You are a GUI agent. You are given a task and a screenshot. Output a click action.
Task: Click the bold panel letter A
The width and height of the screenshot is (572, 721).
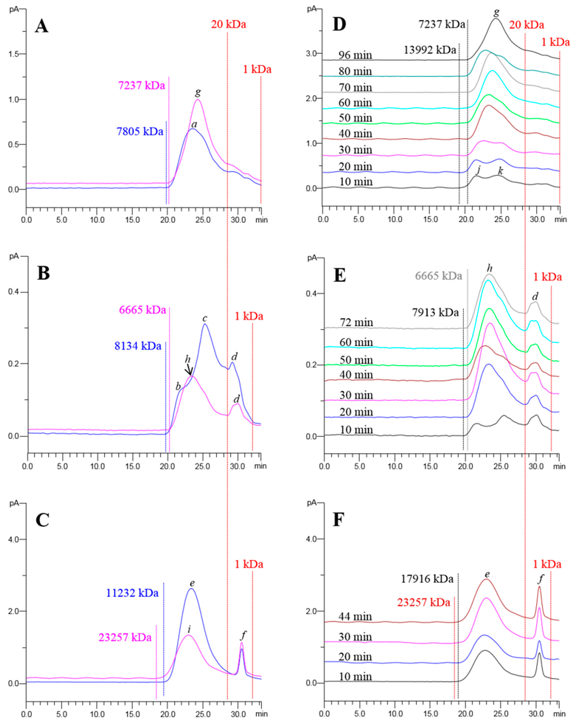tap(41, 26)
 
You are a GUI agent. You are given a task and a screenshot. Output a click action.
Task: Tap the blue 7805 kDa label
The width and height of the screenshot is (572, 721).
tap(140, 131)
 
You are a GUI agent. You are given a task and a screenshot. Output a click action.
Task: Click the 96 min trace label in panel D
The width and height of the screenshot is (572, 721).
tap(355, 55)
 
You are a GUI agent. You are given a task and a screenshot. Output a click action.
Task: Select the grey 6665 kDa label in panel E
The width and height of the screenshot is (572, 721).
tap(438, 276)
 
